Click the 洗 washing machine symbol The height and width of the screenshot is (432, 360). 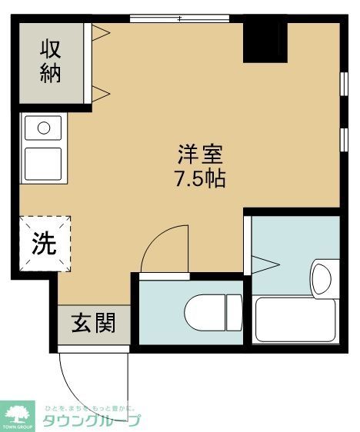44,244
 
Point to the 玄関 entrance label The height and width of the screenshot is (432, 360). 93,324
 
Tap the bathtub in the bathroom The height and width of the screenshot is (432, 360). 295,319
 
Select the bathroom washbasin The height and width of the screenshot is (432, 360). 322,274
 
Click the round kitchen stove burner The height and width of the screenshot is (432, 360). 44,127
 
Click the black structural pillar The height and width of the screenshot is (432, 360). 265,42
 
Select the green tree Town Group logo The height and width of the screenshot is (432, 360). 18,416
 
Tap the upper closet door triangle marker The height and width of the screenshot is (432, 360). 101,32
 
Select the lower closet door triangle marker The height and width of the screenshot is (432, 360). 101,93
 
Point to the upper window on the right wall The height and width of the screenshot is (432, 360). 342,83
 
